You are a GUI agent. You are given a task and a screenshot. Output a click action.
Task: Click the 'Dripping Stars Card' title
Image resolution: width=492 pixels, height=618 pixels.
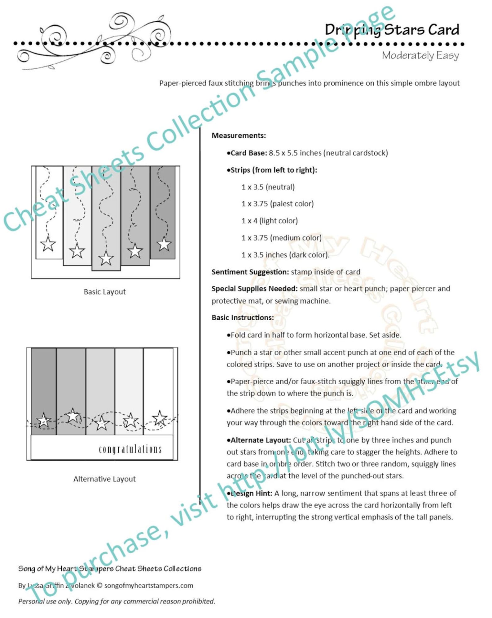(392, 30)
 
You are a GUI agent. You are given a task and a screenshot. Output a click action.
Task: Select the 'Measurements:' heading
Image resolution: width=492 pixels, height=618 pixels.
(239, 136)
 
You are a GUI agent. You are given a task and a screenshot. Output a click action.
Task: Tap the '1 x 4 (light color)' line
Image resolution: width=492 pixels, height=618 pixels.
(270, 221)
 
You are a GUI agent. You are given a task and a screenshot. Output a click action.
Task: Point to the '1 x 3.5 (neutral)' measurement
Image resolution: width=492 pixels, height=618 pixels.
(268, 187)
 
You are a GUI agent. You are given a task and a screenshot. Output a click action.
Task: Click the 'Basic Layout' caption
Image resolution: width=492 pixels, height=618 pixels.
(105, 292)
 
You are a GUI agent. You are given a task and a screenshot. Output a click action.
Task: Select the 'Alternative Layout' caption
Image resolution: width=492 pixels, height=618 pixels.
(104, 479)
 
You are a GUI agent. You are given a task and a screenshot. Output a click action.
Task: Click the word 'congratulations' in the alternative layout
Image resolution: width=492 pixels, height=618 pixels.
(130, 449)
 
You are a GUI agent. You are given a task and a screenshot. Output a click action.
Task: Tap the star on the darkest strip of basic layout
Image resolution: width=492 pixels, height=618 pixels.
(164, 244)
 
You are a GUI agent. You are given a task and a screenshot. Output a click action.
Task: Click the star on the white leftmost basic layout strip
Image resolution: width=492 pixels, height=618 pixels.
(48, 244)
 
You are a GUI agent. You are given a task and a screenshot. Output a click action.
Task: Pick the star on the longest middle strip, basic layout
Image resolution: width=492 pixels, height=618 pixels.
(106, 258)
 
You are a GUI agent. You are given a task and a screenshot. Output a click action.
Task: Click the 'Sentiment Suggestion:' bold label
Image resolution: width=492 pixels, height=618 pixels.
(250, 272)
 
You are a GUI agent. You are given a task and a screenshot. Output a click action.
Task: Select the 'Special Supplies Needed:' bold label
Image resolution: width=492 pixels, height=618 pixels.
(254, 288)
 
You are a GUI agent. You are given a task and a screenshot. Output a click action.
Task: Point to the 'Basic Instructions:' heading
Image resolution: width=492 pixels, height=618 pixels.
(243, 318)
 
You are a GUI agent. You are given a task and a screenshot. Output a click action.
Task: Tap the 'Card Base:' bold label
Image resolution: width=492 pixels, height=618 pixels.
(248, 153)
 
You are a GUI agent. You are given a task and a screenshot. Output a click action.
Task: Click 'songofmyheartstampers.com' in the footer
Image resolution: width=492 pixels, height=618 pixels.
(148, 586)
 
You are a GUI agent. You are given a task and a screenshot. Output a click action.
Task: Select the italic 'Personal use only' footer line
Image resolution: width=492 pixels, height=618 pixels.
(116, 601)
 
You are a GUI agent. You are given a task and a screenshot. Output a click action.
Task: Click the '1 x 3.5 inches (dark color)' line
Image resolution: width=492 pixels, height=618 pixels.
(285, 255)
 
